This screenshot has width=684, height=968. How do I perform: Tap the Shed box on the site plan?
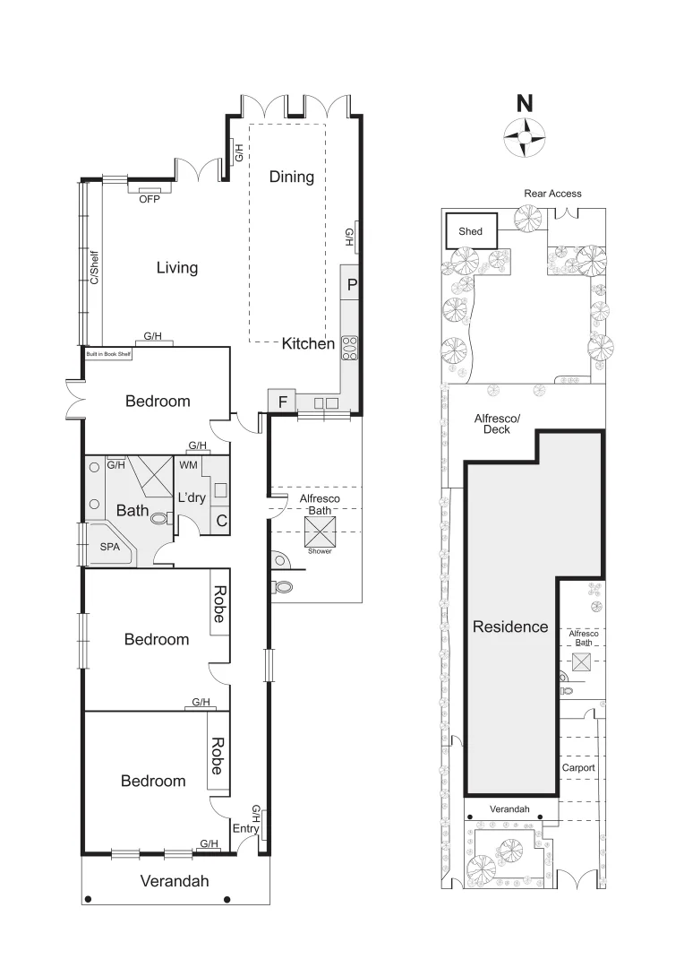tap(470, 231)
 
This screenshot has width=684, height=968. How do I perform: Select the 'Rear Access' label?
tap(552, 194)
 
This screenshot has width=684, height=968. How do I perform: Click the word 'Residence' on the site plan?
tap(510, 627)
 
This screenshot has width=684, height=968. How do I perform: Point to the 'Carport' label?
tap(577, 768)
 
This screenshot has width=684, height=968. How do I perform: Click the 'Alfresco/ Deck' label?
tap(497, 423)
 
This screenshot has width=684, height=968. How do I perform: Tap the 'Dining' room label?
tap(292, 177)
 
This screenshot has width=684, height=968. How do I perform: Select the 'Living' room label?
tap(177, 268)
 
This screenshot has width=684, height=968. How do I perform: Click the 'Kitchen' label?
tap(308, 343)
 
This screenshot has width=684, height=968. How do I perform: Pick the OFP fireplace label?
tap(149, 200)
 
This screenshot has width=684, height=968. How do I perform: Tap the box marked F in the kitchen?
tap(282, 402)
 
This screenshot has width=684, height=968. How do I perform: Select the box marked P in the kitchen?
tap(351, 285)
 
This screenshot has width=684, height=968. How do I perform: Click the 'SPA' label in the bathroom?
tap(110, 546)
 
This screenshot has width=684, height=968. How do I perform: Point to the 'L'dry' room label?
tap(192, 497)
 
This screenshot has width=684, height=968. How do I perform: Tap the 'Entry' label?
tap(245, 829)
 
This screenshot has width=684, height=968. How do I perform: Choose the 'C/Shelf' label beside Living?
tap(92, 266)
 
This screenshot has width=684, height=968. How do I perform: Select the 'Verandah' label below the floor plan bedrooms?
tap(175, 881)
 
